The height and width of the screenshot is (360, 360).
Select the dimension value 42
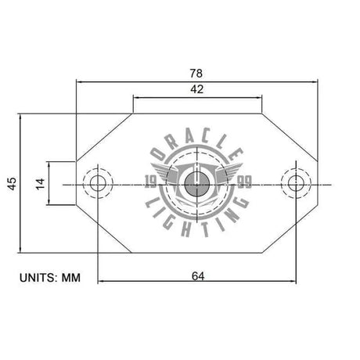click(x=197, y=90)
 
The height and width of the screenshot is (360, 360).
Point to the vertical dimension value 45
click(x=11, y=184)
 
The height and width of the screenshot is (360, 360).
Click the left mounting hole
click(x=99, y=184)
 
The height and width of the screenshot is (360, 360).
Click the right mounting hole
click(x=296, y=184)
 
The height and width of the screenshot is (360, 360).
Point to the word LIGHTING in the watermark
click(x=196, y=222)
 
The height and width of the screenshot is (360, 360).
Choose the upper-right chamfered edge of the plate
click(x=290, y=136)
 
